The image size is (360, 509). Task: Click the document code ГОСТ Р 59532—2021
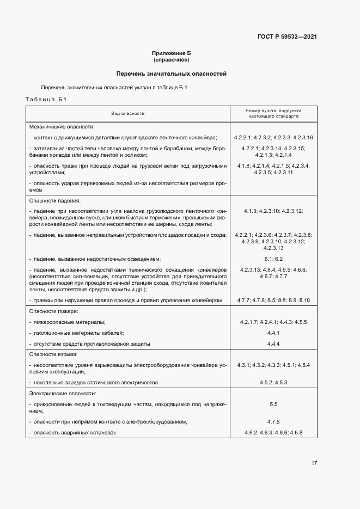[x=287, y=37]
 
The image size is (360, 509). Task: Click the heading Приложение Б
[x=172, y=53]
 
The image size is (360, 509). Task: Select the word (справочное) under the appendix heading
[x=172, y=59]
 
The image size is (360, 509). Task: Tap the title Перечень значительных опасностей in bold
[x=172, y=73]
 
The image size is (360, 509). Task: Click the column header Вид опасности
[x=128, y=113]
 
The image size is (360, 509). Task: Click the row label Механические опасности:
[x=62, y=126]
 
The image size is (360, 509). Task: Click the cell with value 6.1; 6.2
[x=273, y=259]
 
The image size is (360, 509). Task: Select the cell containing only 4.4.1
[x=273, y=333]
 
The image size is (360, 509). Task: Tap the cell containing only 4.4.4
[x=273, y=344]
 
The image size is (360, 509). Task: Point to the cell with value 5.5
[x=273, y=404]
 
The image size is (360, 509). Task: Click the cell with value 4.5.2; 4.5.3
[x=273, y=383]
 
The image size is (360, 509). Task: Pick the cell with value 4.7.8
[x=273, y=422]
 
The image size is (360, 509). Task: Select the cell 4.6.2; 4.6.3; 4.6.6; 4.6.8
[x=273, y=432]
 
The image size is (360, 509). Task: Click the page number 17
[x=314, y=463]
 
